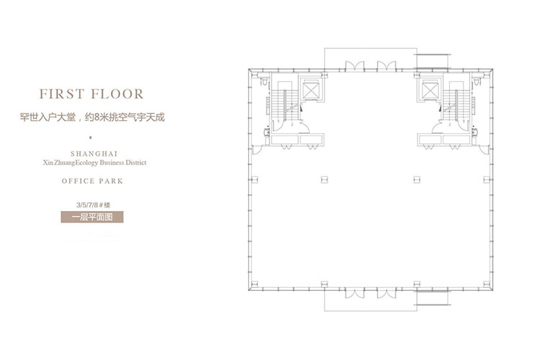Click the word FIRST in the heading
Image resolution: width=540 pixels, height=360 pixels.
(x=62, y=94)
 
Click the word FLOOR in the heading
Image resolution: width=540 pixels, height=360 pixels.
(x=117, y=94)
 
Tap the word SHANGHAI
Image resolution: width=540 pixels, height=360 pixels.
(x=94, y=153)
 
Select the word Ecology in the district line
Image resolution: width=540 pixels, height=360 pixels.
(x=86, y=163)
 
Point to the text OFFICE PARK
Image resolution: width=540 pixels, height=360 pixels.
(x=92, y=181)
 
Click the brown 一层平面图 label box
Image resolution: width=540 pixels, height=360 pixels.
(x=92, y=217)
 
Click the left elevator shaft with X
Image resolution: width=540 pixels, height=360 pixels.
(x=310, y=89)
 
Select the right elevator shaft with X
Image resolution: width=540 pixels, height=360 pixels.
(x=430, y=89)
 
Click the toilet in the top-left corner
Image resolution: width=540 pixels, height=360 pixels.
(x=264, y=82)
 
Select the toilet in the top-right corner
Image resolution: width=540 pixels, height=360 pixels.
(x=477, y=82)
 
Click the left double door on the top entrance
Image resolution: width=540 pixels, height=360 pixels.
(x=354, y=66)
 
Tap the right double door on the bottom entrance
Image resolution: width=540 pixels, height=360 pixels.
(x=387, y=294)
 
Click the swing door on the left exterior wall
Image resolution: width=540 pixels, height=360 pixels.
(x=257, y=150)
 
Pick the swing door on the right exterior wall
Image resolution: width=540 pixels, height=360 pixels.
(x=484, y=150)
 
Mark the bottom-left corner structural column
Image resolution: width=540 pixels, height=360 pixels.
(x=255, y=284)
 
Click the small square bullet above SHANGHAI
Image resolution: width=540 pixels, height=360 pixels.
(x=90, y=138)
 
